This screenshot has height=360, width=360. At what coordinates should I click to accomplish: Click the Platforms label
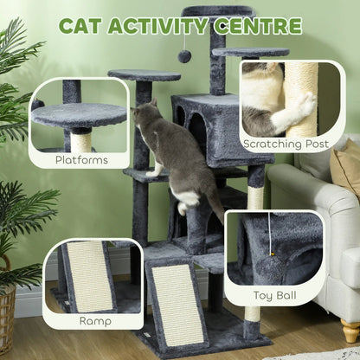pyautogui.click(x=81, y=160)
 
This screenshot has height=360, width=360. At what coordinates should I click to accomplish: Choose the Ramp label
pyautogui.click(x=95, y=320)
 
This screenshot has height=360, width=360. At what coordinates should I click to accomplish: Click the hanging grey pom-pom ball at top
pyautogui.click(x=184, y=55)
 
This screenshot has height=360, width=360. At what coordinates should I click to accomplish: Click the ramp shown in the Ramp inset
pyautogui.click(x=90, y=275)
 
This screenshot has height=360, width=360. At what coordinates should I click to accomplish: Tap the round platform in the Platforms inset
pyautogui.click(x=79, y=114)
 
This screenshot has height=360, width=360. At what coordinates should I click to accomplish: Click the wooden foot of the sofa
pyautogui.click(x=349, y=331)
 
